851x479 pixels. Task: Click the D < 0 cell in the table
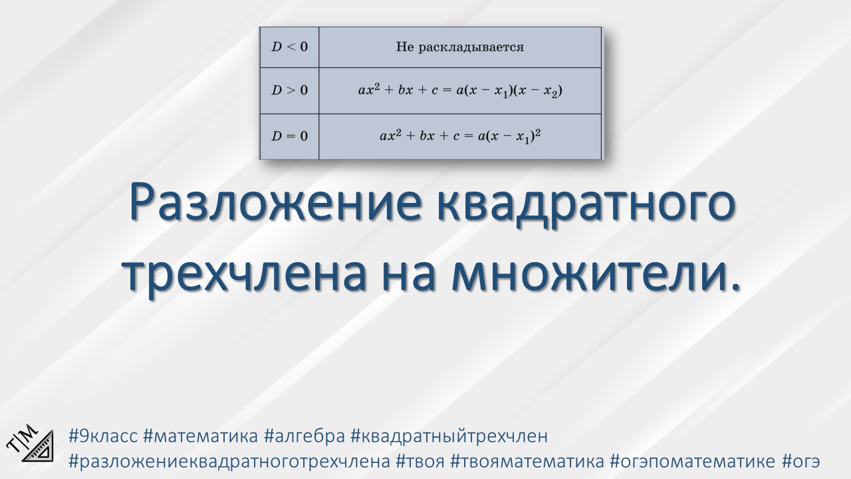[x=289, y=47]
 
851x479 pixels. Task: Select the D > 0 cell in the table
[x=289, y=90]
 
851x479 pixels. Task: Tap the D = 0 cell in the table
[x=289, y=136]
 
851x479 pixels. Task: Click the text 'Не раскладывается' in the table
[x=459, y=47]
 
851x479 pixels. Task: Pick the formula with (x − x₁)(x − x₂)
[x=459, y=90]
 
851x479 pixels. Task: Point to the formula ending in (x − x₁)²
[x=459, y=136]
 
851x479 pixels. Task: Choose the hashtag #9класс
[x=103, y=437]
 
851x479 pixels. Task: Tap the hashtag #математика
[x=200, y=437]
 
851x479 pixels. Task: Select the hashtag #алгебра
[x=304, y=437]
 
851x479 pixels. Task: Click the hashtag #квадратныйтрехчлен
[x=449, y=437]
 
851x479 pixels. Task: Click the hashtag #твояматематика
[x=527, y=461]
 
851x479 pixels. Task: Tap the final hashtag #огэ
[x=801, y=461]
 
